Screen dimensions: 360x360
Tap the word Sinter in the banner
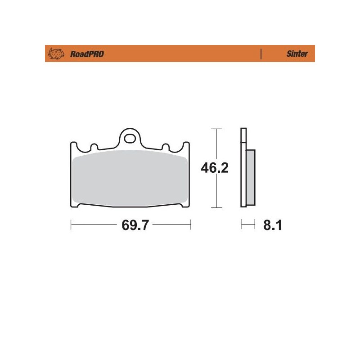297,54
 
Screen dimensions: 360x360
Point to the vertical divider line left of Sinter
261,54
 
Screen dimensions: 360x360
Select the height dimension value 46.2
215,168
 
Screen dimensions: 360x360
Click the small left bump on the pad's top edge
94,147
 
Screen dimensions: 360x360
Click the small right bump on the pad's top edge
165,147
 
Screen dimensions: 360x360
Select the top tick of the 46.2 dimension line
217,129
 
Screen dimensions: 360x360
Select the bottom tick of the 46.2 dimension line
217,208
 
